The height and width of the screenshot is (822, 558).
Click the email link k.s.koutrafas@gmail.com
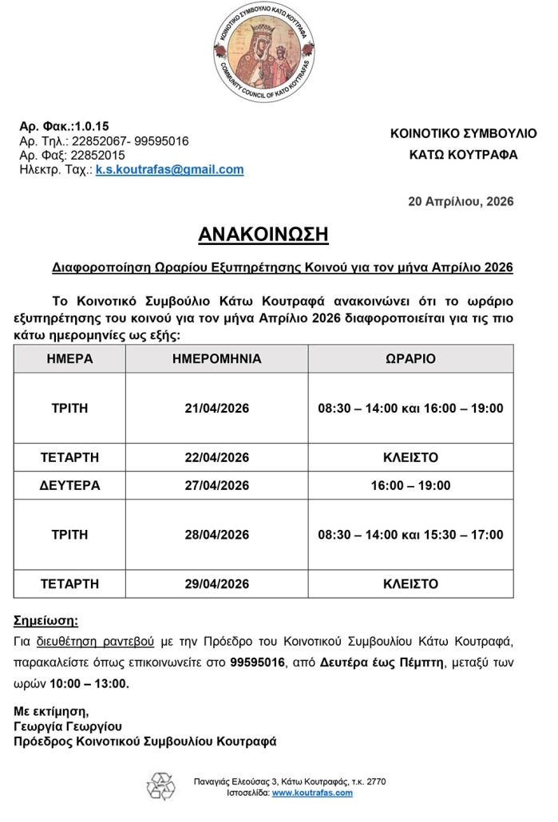[169, 170]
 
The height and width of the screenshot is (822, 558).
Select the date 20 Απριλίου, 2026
[461, 201]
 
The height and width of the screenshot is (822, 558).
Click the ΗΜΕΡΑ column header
[67, 358]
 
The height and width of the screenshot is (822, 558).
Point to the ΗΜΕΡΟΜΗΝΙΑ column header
[216, 358]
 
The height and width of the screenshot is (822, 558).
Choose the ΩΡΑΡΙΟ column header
[410, 358]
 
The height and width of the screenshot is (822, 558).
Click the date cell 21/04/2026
[216, 409]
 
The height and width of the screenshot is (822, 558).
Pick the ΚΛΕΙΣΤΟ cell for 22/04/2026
[410, 457]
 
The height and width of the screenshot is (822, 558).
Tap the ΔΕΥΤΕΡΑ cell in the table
[67, 485]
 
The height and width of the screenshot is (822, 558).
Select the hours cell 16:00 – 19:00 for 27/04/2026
[410, 485]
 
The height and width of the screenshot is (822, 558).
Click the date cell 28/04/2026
[216, 534]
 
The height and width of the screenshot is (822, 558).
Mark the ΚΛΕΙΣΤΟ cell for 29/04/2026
[410, 583]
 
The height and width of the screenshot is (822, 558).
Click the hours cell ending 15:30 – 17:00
[410, 534]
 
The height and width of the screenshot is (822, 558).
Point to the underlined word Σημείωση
[47, 620]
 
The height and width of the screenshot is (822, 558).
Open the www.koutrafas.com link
[312, 793]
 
